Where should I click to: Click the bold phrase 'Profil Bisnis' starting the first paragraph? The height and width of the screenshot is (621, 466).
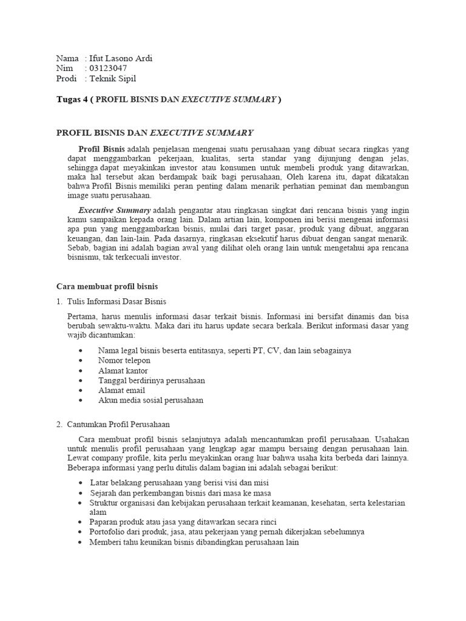click(101, 149)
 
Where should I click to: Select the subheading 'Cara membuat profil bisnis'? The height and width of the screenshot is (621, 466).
click(107, 286)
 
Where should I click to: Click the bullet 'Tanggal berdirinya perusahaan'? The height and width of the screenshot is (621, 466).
click(151, 380)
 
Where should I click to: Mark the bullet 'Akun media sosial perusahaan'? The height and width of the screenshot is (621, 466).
click(150, 400)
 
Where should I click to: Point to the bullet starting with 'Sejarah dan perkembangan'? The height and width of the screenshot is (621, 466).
click(171, 492)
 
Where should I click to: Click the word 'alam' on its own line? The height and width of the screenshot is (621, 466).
click(98, 512)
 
